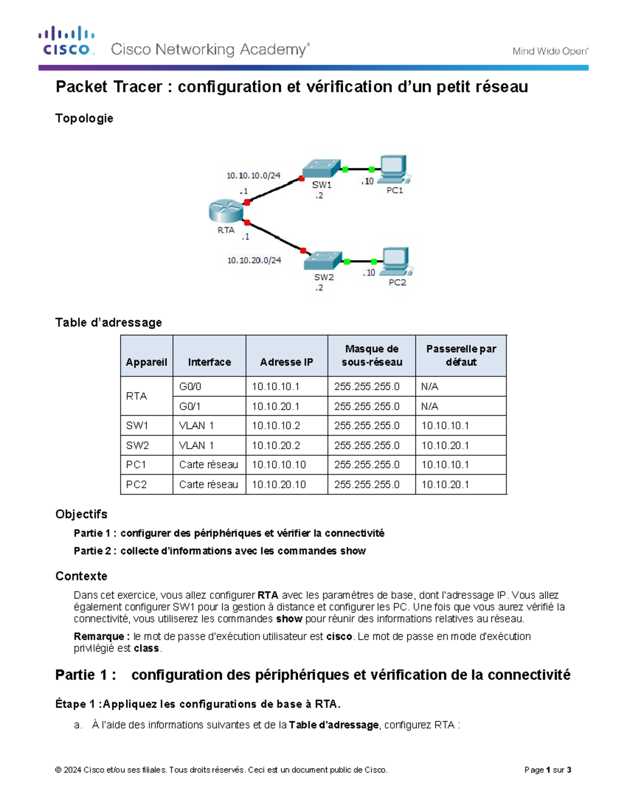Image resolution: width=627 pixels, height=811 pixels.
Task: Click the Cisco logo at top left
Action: [x=66, y=41]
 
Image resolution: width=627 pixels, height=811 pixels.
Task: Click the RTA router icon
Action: [x=226, y=211]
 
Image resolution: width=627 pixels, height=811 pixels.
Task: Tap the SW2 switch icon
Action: [x=323, y=261]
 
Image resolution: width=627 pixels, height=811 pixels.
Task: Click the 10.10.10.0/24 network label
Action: [x=253, y=175]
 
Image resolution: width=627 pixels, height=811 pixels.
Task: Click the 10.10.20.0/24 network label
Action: [x=254, y=260]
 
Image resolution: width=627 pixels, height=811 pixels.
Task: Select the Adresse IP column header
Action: [x=286, y=362]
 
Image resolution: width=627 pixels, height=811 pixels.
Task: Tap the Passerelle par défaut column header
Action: [x=461, y=355]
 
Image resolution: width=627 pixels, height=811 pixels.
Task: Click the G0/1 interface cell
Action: [x=190, y=406]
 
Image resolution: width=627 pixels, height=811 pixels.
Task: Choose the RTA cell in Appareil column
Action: [x=136, y=396]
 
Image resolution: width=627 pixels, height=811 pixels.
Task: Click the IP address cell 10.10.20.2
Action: [x=276, y=445]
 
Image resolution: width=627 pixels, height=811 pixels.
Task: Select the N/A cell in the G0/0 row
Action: [x=429, y=386]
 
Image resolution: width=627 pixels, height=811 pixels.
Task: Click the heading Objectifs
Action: [x=82, y=514]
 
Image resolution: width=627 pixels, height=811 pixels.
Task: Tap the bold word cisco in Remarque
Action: [x=339, y=637]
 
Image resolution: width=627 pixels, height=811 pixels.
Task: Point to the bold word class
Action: [x=146, y=649]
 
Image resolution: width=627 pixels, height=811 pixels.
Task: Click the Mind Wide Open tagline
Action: [x=550, y=51]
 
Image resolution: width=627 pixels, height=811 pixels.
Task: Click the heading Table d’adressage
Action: [x=109, y=323]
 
